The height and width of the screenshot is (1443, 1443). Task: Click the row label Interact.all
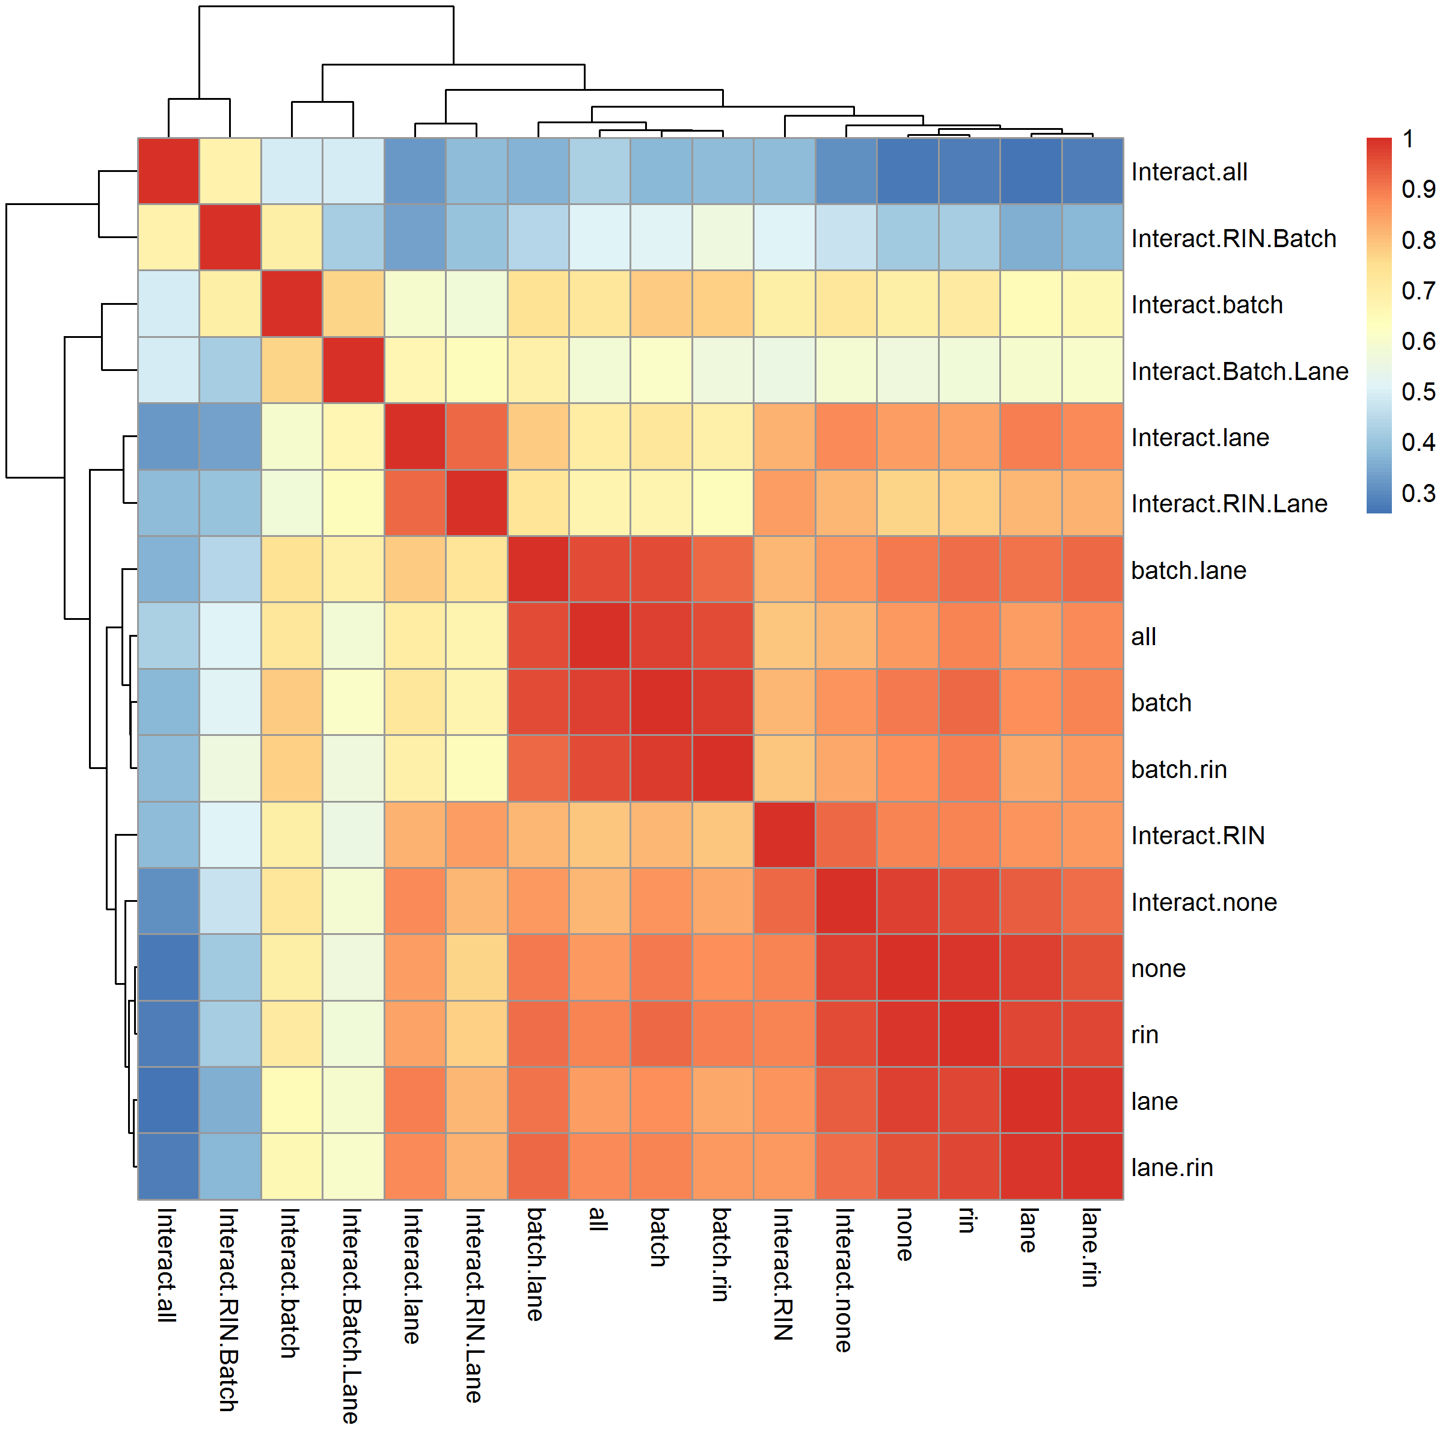pyautogui.click(x=1189, y=172)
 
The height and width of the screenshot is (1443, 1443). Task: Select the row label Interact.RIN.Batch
pyautogui.click(x=1233, y=238)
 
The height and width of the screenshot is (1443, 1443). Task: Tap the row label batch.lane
pyautogui.click(x=1188, y=571)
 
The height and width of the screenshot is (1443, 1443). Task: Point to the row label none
pyautogui.click(x=1159, y=969)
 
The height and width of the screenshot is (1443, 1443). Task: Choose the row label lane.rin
pyautogui.click(x=1172, y=1168)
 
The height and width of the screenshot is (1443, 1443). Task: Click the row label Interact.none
pyautogui.click(x=1204, y=902)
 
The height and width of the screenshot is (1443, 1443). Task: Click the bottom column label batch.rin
pyautogui.click(x=720, y=1255)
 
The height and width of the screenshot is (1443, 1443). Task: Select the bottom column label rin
pyautogui.click(x=966, y=1221)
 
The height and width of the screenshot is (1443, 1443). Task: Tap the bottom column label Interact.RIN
pyautogui.click(x=782, y=1274)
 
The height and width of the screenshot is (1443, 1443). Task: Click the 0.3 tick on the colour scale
pyautogui.click(x=1418, y=493)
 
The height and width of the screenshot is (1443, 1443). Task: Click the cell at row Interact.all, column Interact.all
pyautogui.click(x=169, y=171)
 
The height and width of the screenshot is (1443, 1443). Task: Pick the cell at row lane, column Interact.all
pyautogui.click(x=169, y=1100)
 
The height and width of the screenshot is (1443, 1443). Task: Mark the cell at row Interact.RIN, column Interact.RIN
pyautogui.click(x=784, y=835)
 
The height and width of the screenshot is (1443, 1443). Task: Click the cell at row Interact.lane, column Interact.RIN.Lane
pyautogui.click(x=477, y=437)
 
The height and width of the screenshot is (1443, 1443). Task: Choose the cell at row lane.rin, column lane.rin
pyautogui.click(x=1092, y=1166)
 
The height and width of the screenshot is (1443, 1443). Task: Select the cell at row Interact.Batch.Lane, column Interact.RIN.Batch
pyautogui.click(x=230, y=370)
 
